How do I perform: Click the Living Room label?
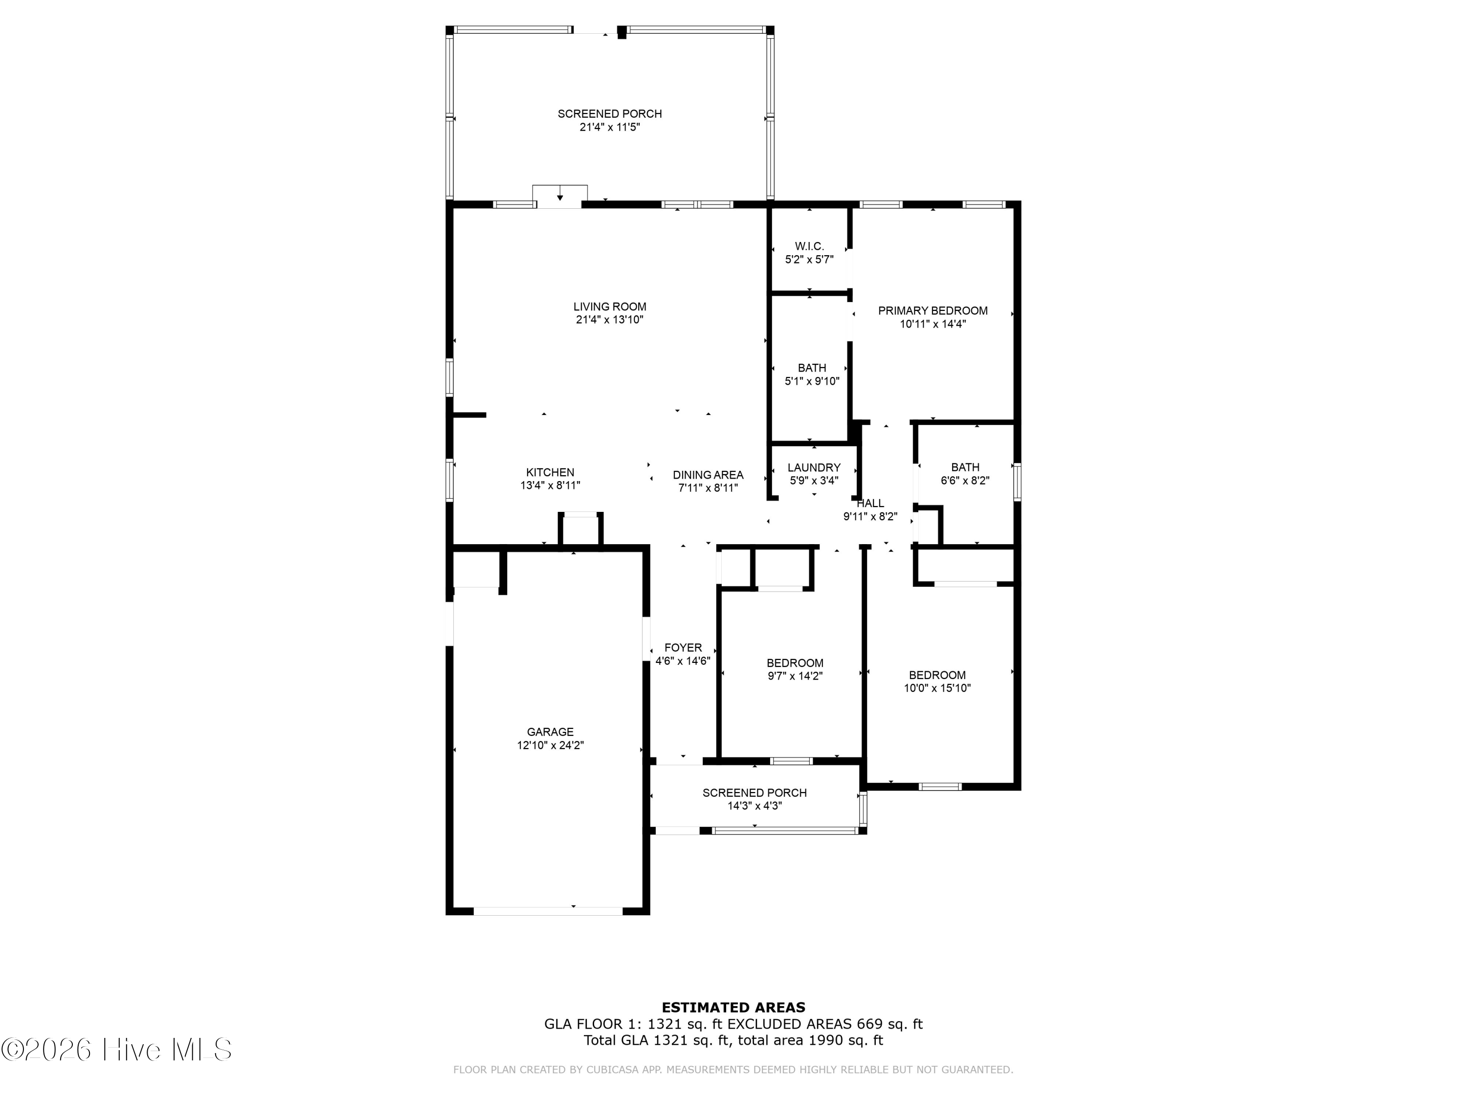tap(609, 307)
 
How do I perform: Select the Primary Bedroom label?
tap(933, 310)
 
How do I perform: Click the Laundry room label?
tap(814, 467)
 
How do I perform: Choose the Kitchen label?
tap(550, 472)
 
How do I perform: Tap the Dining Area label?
tap(708, 475)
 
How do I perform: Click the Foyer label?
tap(683, 648)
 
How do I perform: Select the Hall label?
tap(870, 503)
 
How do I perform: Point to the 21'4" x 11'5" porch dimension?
tap(609, 127)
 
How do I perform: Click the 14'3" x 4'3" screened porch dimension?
tap(755, 806)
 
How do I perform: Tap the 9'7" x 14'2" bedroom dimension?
tap(795, 676)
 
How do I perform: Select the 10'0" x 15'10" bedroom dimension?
tap(937, 688)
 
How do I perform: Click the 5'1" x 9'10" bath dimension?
tap(812, 381)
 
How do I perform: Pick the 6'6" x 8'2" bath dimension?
tap(965, 481)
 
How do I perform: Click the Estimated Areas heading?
tap(733, 1008)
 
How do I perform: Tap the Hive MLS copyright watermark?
tap(117, 1050)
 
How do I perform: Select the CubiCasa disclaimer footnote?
tap(733, 1070)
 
